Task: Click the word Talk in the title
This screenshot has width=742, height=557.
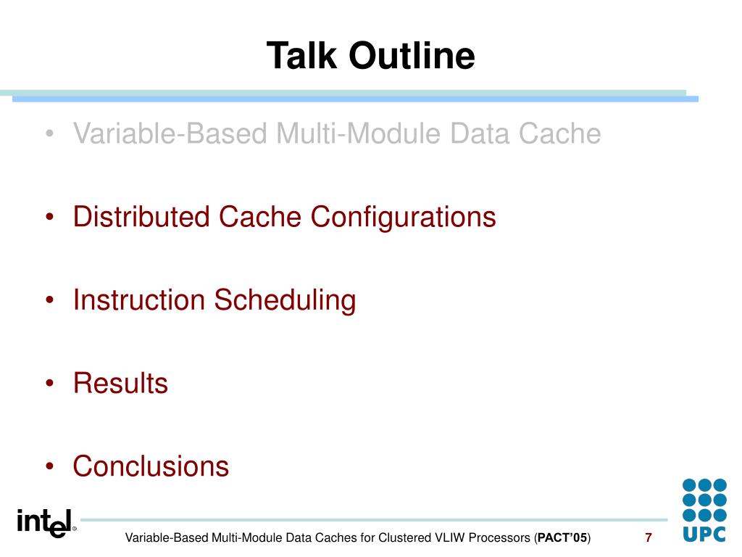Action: [x=302, y=55]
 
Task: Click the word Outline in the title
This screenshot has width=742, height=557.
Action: [x=412, y=55]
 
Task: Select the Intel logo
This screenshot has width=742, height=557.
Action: [x=46, y=523]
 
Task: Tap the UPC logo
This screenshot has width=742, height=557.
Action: [x=704, y=510]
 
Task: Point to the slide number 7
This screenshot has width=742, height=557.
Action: [x=649, y=537]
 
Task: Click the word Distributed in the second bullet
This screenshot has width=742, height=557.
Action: [x=141, y=217]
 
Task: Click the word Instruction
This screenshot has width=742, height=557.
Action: [x=139, y=300]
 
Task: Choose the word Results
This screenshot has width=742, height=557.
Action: [x=121, y=383]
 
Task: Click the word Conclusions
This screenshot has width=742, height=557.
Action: [x=151, y=466]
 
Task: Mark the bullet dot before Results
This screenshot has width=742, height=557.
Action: [x=50, y=383]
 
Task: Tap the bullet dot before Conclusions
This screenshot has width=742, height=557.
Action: [x=50, y=466]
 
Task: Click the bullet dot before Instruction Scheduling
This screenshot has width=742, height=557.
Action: [x=50, y=300]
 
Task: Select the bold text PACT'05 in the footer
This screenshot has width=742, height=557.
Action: [x=562, y=538]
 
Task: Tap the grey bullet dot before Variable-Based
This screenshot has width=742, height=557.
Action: [x=50, y=133]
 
